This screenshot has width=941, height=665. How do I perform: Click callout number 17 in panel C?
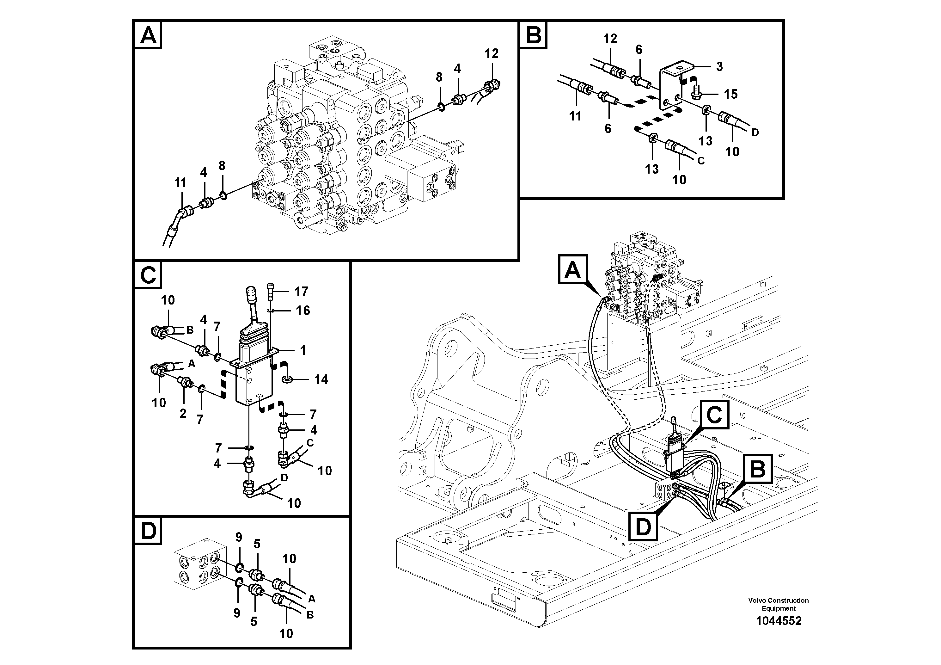point(301,292)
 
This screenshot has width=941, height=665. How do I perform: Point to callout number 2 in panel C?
point(183,413)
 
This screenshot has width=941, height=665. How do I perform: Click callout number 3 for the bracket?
point(719,66)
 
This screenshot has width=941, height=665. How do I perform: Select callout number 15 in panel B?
point(730,94)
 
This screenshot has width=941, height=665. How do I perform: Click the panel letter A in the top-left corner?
point(148,36)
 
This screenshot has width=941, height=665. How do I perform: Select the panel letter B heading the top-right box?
point(533,35)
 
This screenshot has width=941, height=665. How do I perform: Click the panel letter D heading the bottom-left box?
point(148,532)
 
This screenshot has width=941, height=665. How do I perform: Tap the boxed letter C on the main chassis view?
point(714,415)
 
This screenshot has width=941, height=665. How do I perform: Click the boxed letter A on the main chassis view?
point(572,269)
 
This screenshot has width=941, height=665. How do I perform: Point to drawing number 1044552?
point(778,621)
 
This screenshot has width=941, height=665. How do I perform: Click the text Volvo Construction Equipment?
point(778,604)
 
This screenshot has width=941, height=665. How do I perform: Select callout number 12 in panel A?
point(492,53)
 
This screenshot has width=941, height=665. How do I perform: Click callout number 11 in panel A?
point(180,182)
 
